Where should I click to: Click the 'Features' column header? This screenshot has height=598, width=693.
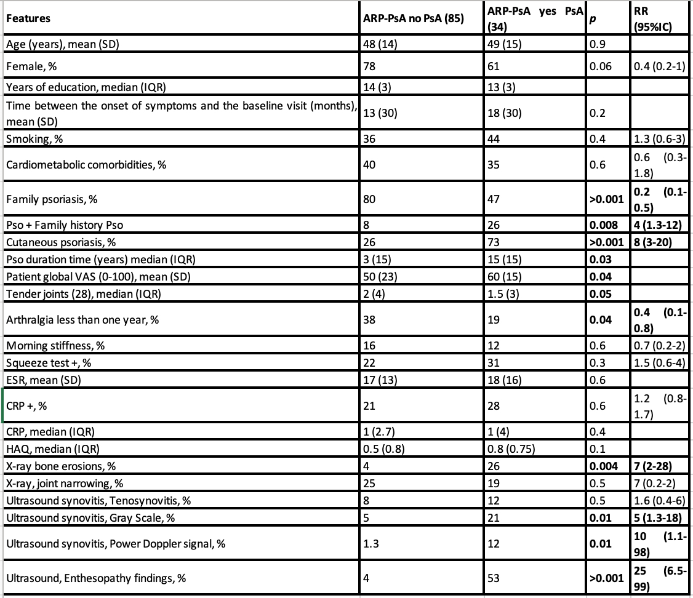28,18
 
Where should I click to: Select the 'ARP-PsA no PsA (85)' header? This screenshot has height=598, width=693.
413,18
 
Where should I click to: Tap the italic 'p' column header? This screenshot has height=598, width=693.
591,18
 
